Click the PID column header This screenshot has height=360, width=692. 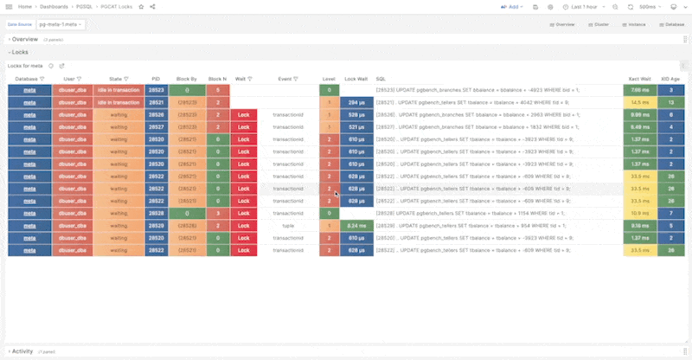point(156,78)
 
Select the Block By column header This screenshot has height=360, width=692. point(187,78)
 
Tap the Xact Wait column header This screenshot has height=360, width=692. point(639,78)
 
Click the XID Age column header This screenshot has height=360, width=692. point(670,78)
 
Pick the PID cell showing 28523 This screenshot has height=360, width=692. point(156,90)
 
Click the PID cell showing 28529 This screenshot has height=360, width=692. point(156,225)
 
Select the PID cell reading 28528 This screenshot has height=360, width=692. point(156,213)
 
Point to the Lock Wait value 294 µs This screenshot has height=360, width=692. point(356,102)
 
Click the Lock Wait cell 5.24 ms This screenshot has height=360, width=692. point(356,225)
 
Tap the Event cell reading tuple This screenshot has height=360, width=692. point(288,225)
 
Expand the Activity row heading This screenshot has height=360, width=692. point(22,351)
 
